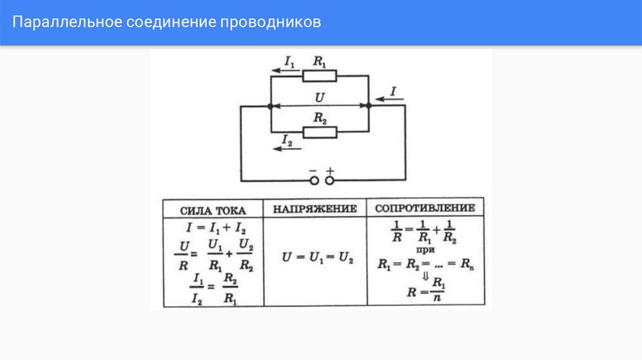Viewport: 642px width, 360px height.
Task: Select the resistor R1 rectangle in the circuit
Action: click(x=320, y=76)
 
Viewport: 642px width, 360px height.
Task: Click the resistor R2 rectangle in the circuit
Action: click(x=320, y=132)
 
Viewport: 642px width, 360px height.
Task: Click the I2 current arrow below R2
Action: click(x=288, y=149)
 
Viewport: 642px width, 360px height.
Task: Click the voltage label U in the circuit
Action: click(x=319, y=97)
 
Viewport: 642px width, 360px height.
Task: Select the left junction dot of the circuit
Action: click(x=270, y=107)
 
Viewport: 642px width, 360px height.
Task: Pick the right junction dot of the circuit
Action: click(x=369, y=107)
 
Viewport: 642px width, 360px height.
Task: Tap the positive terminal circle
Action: click(x=329, y=181)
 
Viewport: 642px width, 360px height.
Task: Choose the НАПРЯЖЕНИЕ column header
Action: click(x=315, y=209)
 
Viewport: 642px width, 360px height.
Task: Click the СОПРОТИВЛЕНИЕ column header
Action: click(x=425, y=208)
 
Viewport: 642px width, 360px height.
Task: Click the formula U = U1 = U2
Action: click(x=317, y=258)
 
